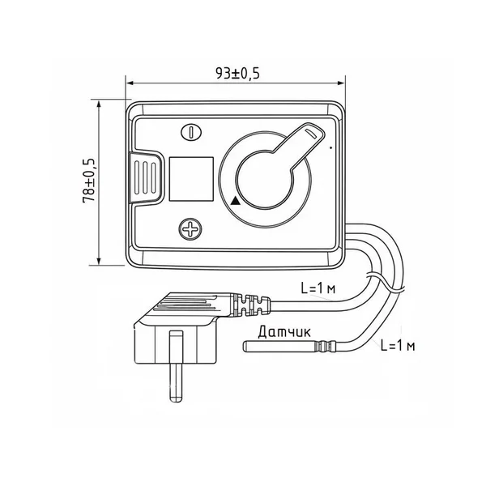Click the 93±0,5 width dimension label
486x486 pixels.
[x=237, y=74]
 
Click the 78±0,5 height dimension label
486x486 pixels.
[x=90, y=181]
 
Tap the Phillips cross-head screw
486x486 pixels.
[x=190, y=229]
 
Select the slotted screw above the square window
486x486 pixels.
[x=191, y=132]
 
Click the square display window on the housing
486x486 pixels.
[x=191, y=179]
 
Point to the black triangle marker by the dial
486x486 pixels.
[x=236, y=201]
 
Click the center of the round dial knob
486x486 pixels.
[x=264, y=180]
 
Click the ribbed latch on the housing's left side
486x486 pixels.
[x=145, y=177]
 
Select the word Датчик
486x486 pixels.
[x=284, y=332]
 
